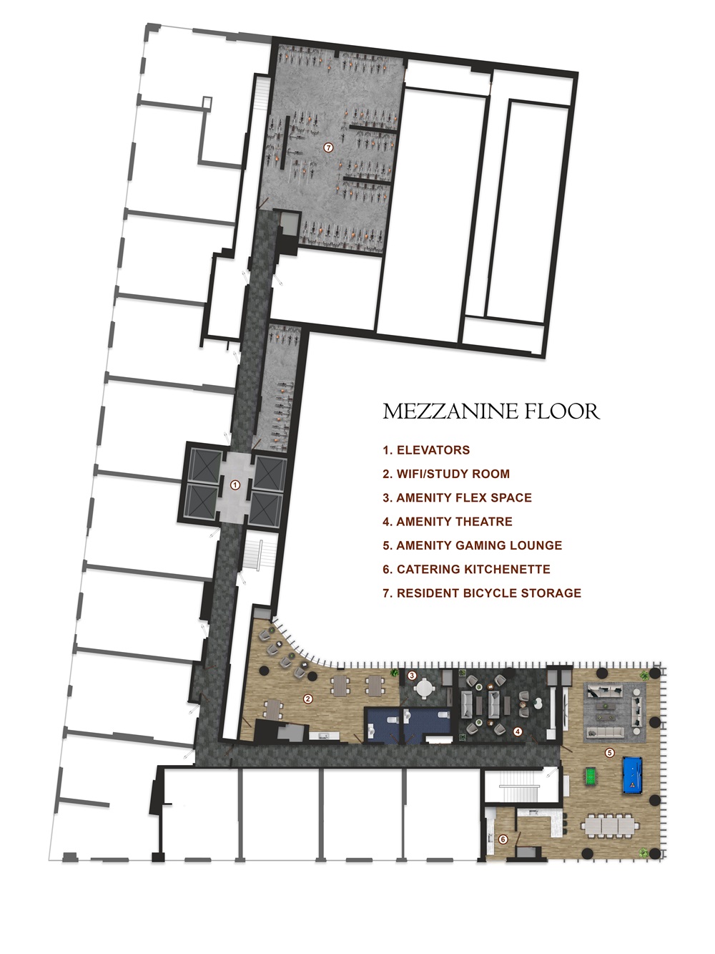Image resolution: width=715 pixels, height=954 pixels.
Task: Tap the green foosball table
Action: [591, 775]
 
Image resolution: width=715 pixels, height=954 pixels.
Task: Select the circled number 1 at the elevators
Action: [235, 485]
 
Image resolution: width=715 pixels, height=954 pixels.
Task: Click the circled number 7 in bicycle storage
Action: [328, 147]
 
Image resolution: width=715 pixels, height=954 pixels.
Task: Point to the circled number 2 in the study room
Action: [308, 699]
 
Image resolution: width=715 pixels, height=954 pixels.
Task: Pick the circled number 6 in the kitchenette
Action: [503, 839]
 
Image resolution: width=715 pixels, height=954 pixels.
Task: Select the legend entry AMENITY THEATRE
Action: [448, 522]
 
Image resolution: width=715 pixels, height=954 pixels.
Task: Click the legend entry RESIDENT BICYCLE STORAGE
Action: [482, 593]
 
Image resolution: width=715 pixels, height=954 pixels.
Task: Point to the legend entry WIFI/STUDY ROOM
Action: [446, 474]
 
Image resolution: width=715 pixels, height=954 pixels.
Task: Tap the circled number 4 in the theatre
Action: [518, 731]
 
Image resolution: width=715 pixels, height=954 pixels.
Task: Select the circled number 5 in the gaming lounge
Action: [610, 752]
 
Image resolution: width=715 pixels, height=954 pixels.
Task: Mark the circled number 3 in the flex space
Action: [412, 675]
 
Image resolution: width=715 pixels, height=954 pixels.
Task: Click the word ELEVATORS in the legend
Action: [433, 450]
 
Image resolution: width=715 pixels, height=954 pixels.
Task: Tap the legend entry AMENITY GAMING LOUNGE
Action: [472, 545]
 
